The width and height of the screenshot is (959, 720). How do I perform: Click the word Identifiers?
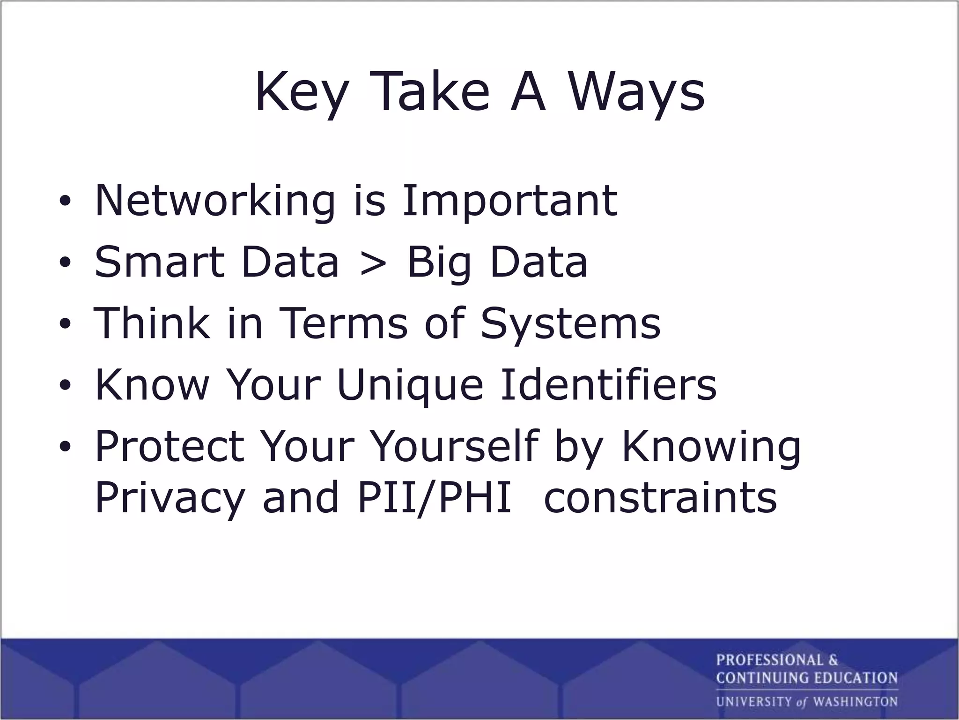coord(608,384)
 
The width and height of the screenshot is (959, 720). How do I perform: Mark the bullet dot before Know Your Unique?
coord(65,385)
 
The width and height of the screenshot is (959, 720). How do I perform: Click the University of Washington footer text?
coord(806,702)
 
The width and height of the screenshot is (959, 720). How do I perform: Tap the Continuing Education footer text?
coord(806,678)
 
